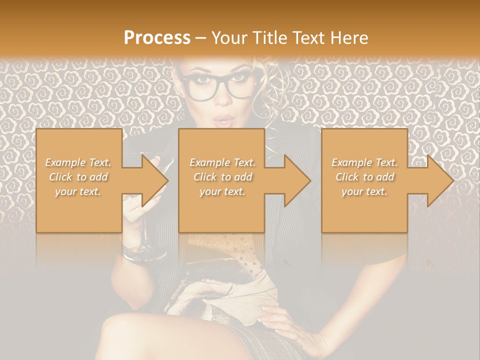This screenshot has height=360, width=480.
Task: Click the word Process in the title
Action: [x=157, y=38]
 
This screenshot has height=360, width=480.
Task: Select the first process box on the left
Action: [x=79, y=180]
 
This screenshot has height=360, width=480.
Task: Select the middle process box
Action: [x=221, y=180]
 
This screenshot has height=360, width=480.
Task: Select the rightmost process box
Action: [x=364, y=180]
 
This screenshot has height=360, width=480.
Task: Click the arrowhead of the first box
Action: [x=155, y=180]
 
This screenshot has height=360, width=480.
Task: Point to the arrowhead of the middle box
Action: [x=297, y=180]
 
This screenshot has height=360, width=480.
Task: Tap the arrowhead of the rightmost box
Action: [x=440, y=180]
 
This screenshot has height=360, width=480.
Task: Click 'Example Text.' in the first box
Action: [x=78, y=162]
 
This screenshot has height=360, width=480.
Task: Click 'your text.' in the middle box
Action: [x=222, y=191]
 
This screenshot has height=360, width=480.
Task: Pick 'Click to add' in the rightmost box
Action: [x=364, y=177]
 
